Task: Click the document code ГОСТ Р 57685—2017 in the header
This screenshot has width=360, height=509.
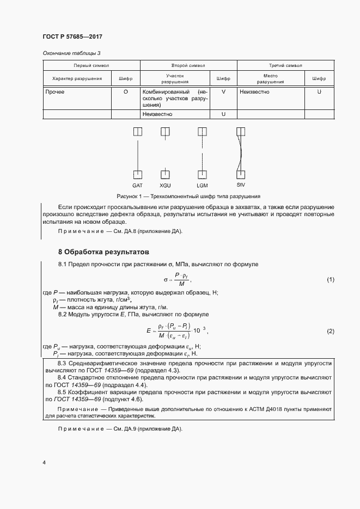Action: coord(72,36)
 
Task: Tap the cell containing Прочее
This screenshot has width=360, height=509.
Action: coord(55,92)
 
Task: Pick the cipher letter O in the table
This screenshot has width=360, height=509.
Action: coord(126,92)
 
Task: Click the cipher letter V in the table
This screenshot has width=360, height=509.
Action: coord(223,92)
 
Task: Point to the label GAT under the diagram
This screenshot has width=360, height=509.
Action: coord(138,186)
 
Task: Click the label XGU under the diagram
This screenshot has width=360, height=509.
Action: coord(165,186)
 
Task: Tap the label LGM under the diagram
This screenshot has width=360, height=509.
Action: coord(203,186)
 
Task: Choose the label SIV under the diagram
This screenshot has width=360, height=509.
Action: coord(241,186)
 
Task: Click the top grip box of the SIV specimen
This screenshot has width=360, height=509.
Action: coord(241,132)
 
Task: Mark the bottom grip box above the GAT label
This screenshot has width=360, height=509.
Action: coord(138,175)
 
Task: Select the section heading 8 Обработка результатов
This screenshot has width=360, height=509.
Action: coord(103,252)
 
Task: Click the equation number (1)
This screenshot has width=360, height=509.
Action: coord(330,279)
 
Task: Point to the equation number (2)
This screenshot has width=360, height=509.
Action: coord(330,331)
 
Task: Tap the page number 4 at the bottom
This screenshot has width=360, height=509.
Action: coord(44,463)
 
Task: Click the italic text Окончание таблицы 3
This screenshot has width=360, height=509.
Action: coord(71,53)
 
